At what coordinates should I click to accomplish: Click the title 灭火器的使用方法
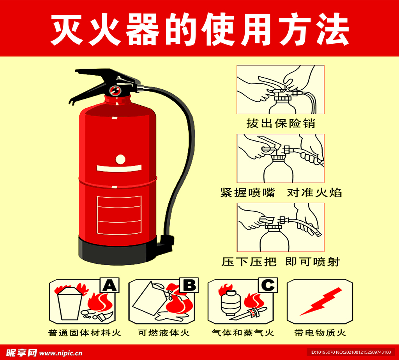[x=199, y=30]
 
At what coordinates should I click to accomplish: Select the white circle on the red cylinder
[x=121, y=159]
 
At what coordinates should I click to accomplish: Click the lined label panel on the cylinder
[x=119, y=215]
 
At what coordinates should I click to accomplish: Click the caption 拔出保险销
[x=281, y=124]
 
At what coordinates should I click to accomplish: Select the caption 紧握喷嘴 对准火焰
[x=281, y=192]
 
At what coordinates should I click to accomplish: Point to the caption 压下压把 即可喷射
[x=281, y=262]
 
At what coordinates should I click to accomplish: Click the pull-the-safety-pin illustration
[x=281, y=89]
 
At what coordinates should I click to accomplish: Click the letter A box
[x=109, y=286]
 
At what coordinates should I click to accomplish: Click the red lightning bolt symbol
[x=320, y=301]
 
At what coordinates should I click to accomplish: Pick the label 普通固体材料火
[x=85, y=333]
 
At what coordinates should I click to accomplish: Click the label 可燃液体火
[x=164, y=333]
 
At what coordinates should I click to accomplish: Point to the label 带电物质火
[x=320, y=333]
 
